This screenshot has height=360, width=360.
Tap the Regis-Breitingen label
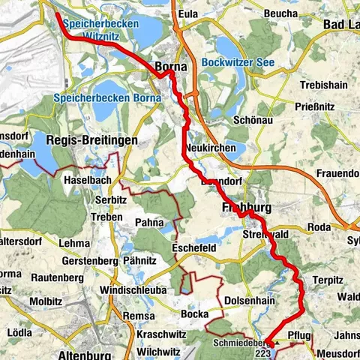91,140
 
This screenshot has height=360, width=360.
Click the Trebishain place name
321,85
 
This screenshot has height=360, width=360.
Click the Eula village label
188,13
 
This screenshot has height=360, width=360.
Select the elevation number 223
262,352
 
